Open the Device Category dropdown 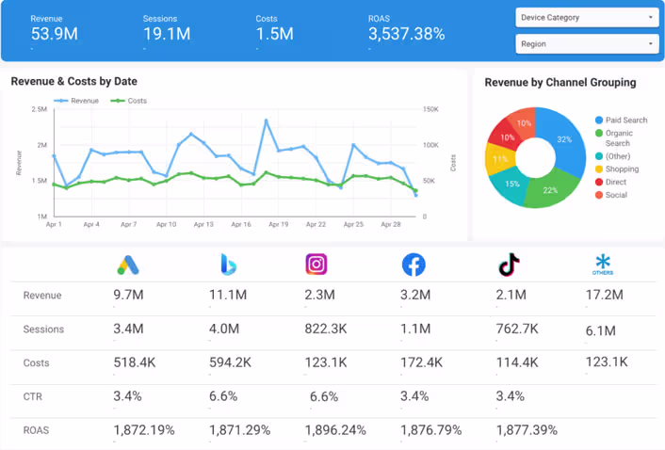point(586,18)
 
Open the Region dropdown point(586,44)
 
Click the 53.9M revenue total point(54,34)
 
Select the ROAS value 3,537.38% point(406,34)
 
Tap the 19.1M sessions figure point(167,34)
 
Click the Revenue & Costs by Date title point(74,82)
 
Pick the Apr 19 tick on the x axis point(279,225)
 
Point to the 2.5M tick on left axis point(40,110)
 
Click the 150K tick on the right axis point(430,110)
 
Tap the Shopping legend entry point(621,169)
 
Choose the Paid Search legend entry point(625,121)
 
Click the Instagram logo point(316,265)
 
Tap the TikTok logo point(509,265)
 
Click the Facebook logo point(413,265)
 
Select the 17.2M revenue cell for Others point(604,296)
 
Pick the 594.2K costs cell point(231,362)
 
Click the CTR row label point(33,397)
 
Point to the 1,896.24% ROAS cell point(335,430)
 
